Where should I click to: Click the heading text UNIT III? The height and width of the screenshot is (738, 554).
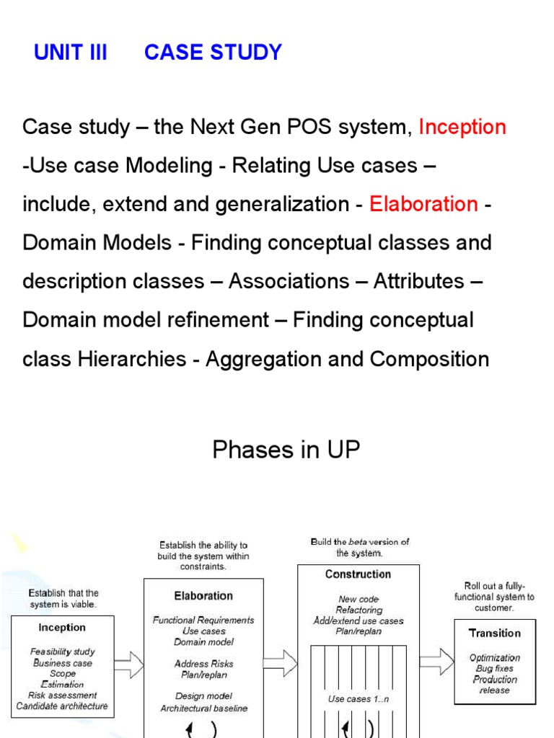pos(70,53)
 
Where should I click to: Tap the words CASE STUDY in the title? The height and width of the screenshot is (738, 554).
pos(213,53)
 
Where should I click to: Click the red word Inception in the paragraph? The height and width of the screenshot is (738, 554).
pos(462,128)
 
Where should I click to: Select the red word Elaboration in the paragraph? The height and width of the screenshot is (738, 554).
pos(423,204)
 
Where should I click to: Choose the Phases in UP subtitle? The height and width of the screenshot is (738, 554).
pos(286,450)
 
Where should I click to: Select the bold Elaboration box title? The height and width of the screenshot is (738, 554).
pos(203,596)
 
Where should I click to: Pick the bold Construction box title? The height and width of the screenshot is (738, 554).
pos(358,574)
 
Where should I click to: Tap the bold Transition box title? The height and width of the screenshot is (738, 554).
pos(494,633)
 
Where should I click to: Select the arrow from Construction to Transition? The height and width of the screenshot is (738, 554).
pos(436,661)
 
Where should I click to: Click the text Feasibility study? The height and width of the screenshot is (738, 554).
pos(63,652)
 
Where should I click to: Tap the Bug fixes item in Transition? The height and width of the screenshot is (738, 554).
pos(494,669)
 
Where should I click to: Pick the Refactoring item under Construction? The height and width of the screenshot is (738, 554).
pos(359,610)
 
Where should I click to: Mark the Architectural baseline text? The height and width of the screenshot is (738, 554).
pos(203,708)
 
